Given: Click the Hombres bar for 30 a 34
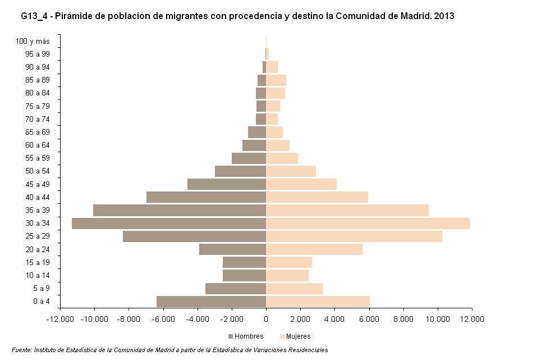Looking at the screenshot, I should point(168,224).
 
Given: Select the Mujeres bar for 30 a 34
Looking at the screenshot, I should point(368,224).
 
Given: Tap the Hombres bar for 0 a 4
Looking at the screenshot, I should point(211,302).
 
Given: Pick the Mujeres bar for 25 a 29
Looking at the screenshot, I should point(354,236).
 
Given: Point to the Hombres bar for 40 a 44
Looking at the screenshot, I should point(206,197).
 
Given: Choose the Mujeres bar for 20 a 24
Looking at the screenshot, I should point(314,249).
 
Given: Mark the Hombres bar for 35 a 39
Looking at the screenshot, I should point(179,211).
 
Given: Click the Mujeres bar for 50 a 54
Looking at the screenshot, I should point(291,171).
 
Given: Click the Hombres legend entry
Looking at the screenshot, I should point(245,336).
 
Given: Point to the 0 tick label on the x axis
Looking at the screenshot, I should point(266,320).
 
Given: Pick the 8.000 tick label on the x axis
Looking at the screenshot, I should point(403,320).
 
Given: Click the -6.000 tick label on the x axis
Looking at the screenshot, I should point(163,320).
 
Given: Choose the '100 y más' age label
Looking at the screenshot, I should point(33,41).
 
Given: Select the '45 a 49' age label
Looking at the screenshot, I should point(38,184).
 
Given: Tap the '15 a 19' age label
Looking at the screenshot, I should point(38,262).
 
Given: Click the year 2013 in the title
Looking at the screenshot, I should point(443,16).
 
